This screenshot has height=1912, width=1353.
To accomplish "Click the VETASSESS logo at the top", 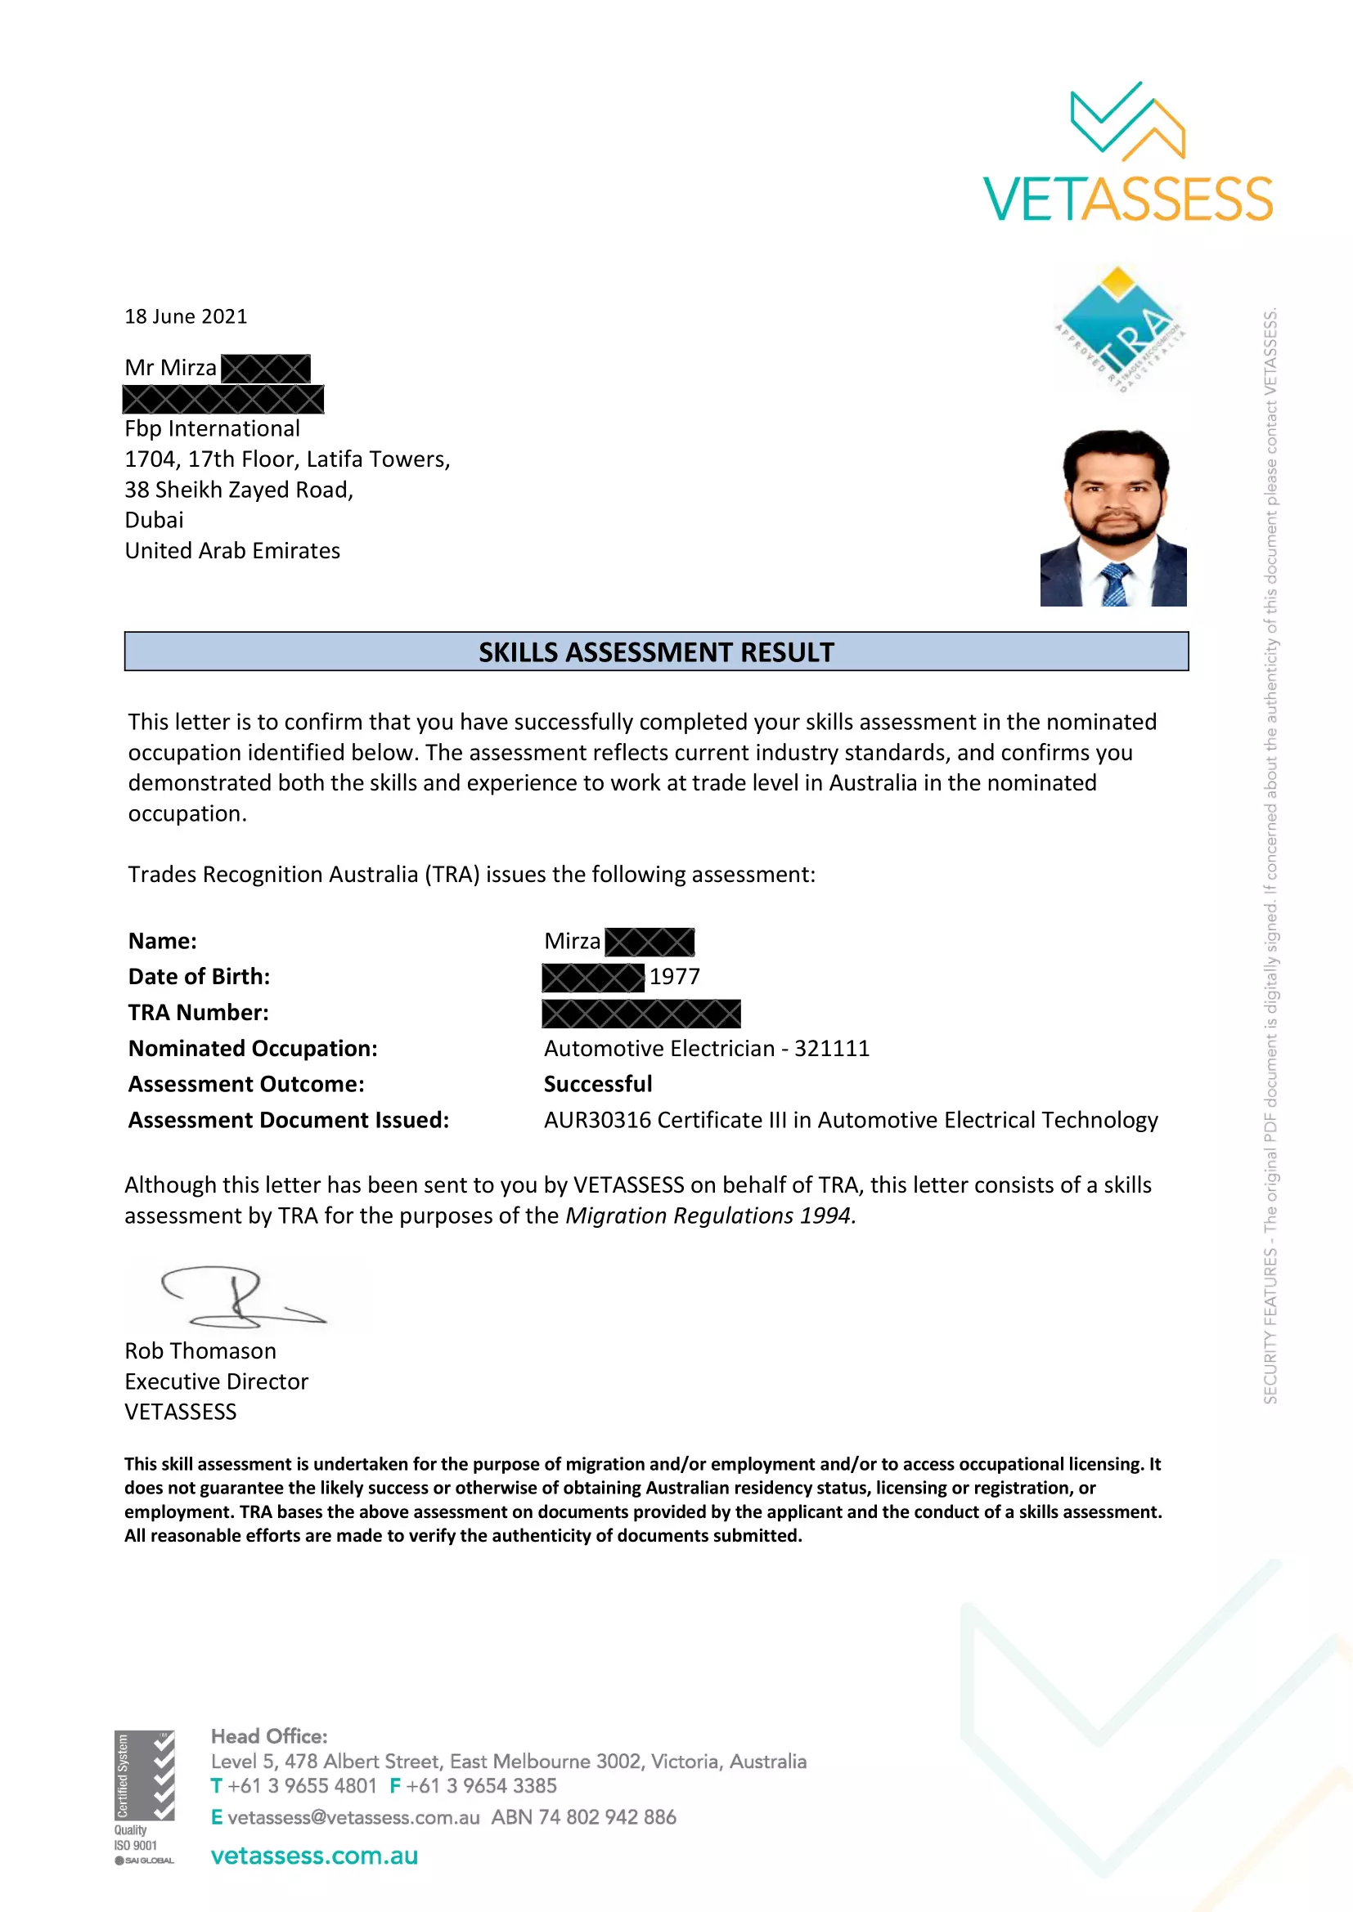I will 1127,154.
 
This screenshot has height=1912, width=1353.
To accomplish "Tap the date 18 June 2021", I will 186,316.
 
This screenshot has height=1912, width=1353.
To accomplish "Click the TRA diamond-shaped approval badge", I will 1120,327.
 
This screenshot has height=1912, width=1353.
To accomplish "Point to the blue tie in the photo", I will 1115,583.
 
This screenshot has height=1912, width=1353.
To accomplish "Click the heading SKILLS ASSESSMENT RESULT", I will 656,652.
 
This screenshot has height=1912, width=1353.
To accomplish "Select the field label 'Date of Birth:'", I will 199,976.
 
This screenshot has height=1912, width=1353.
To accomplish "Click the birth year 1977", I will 675,976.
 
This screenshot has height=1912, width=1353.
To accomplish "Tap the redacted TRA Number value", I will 641,1013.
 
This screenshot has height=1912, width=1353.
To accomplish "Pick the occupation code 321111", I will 831,1049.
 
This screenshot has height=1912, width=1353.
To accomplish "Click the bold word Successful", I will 597,1084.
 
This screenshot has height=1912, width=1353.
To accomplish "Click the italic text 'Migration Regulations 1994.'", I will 711,1216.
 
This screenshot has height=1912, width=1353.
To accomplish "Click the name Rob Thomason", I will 200,1350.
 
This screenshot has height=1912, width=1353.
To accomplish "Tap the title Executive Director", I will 217,1381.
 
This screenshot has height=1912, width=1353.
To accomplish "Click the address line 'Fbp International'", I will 213,429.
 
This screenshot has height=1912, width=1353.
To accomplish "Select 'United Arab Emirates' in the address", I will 232,550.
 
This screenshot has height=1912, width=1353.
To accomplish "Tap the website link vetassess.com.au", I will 314,1856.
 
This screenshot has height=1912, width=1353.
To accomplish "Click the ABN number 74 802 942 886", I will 607,1817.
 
